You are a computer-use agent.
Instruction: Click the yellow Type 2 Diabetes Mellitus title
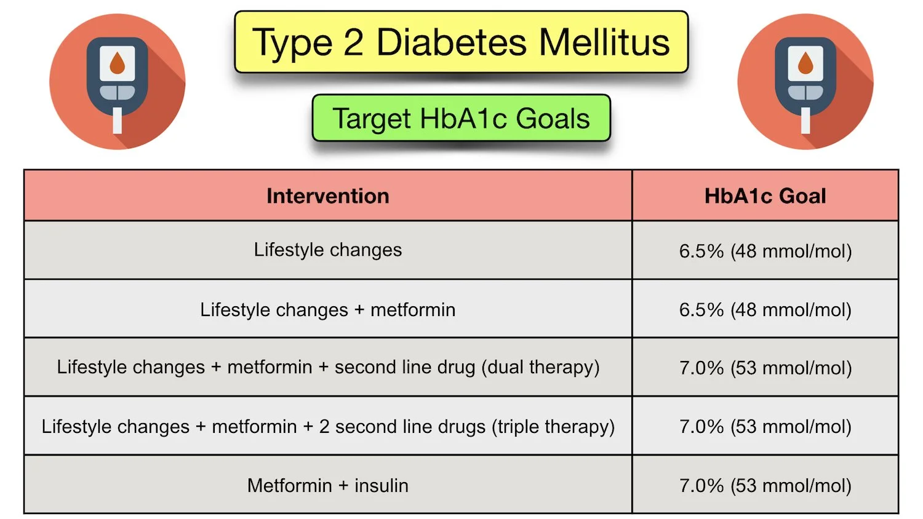[461, 42]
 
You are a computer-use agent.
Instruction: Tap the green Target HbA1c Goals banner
[461, 118]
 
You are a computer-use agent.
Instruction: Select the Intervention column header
[327, 196]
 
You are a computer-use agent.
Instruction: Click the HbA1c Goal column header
[765, 196]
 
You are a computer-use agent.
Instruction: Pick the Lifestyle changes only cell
[327, 250]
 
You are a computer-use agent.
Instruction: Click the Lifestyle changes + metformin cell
[327, 309]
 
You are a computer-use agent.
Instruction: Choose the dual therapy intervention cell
[327, 367]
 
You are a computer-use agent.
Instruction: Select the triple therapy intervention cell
[327, 426]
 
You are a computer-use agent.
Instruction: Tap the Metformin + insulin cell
[327, 485]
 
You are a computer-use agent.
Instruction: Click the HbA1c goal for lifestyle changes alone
[765, 251]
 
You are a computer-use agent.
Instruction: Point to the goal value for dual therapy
[765, 368]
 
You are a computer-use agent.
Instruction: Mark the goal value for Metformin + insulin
[765, 485]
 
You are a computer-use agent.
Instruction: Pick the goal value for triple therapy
[765, 426]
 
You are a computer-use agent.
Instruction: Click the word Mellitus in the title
[604, 42]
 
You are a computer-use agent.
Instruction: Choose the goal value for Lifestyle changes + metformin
[765, 309]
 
